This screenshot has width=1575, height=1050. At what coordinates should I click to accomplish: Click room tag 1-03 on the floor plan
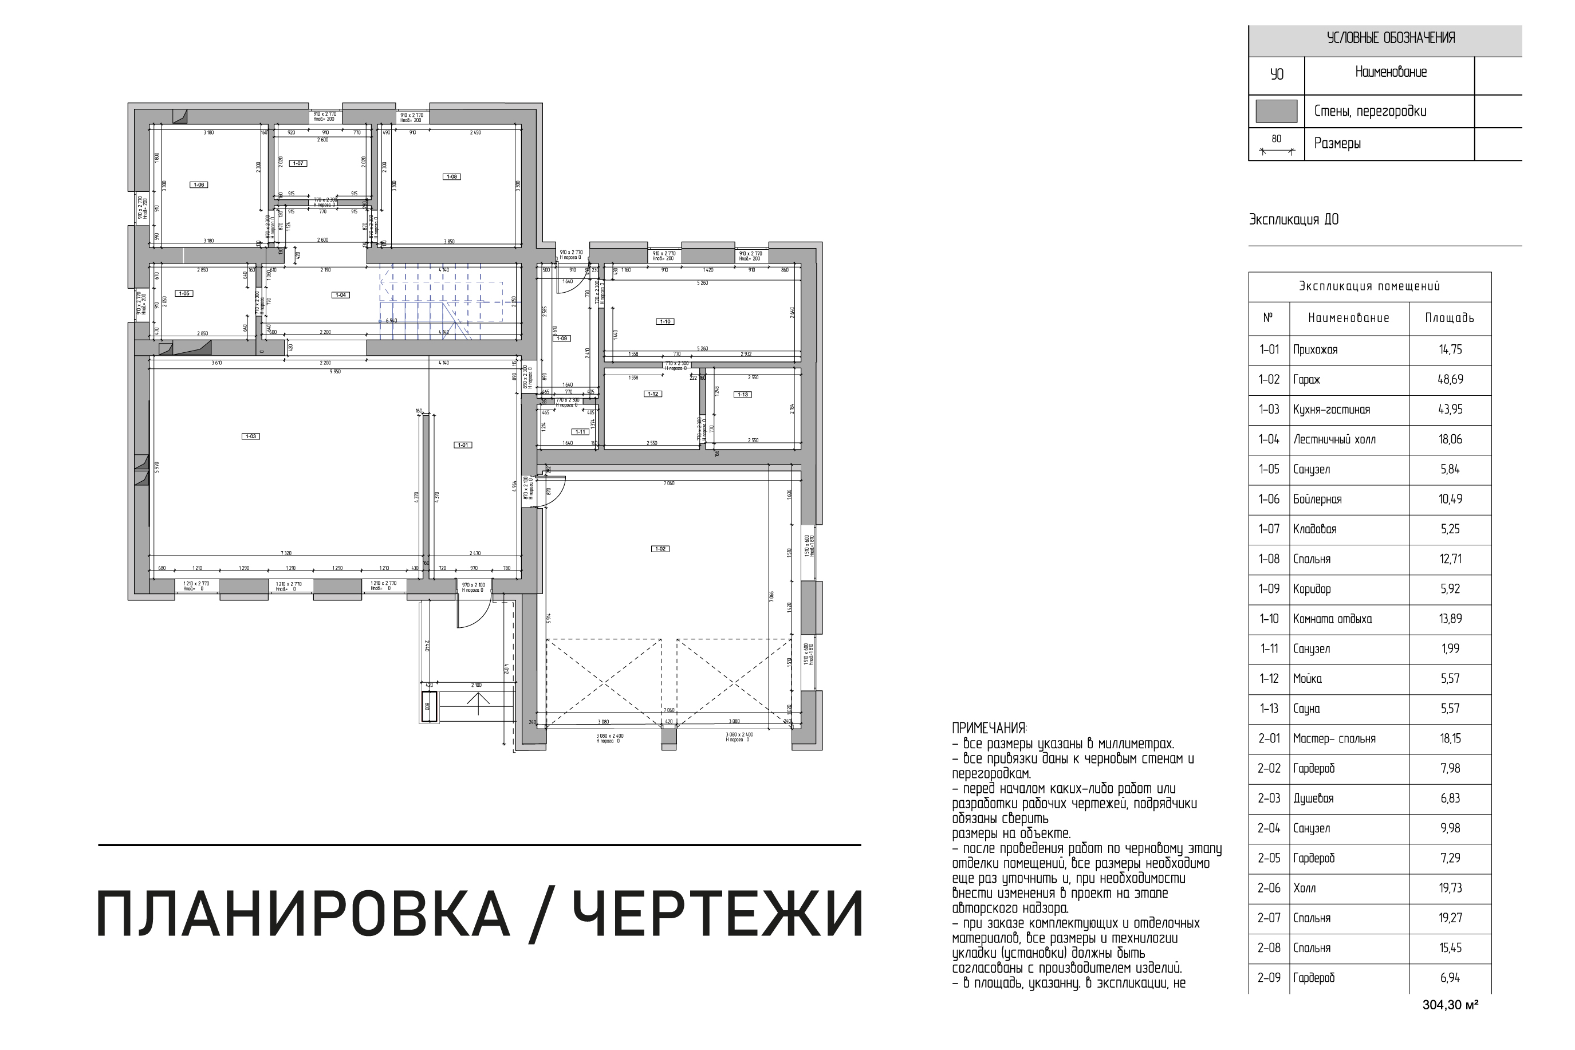(x=250, y=436)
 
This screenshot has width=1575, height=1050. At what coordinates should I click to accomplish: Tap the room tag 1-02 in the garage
(x=659, y=549)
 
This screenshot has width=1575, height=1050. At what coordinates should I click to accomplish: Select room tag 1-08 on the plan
(x=452, y=177)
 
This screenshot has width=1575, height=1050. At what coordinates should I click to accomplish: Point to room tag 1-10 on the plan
(x=665, y=321)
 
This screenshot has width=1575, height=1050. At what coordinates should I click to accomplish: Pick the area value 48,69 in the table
(x=1450, y=380)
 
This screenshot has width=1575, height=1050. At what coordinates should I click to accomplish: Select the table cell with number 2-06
(x=1269, y=888)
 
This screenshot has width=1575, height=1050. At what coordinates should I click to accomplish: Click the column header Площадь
(x=1449, y=318)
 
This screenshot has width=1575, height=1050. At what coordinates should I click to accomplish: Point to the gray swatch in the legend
(x=1276, y=111)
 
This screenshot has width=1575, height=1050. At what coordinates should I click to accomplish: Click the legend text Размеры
(x=1337, y=143)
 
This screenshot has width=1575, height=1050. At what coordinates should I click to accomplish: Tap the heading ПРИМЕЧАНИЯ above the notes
(x=989, y=729)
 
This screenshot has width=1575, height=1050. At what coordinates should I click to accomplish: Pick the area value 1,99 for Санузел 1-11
(x=1450, y=649)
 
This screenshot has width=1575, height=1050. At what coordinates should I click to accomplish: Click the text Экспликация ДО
(x=1293, y=219)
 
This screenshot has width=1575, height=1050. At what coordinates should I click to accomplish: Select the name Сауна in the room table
(x=1306, y=709)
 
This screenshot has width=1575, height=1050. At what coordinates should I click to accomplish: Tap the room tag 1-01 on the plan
(x=463, y=445)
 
